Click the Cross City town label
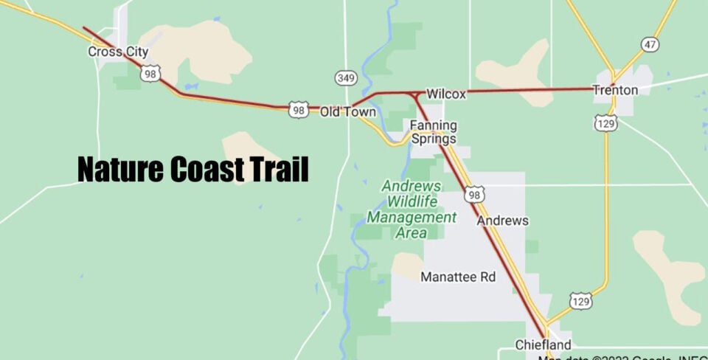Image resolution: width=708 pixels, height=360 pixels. (118, 52)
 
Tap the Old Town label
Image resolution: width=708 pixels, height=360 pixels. (348, 112)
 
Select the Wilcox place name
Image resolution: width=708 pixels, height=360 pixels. (446, 94)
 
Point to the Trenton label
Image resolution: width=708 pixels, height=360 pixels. (615, 90)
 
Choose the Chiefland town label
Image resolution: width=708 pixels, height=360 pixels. (543, 345)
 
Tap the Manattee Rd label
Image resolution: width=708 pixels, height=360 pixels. (458, 277)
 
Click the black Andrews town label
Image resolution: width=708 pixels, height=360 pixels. (503, 221)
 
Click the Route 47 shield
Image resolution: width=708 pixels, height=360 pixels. (649, 45)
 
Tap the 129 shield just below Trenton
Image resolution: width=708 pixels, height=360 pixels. (605, 123)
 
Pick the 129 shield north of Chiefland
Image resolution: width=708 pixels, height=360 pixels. (580, 301)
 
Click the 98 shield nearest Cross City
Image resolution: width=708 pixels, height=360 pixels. (151, 73)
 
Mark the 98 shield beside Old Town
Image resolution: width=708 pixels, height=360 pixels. (298, 110)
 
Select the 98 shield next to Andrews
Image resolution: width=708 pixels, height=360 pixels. (474, 194)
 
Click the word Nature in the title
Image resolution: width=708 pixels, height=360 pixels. (120, 170)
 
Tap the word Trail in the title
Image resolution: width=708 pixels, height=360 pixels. (278, 170)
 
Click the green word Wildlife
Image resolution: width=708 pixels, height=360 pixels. (412, 201)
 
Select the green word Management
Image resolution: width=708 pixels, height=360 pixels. (412, 218)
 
